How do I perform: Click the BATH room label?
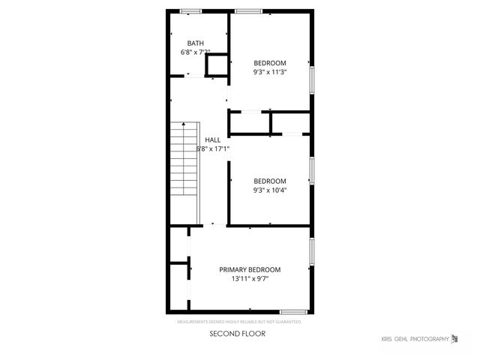pos(195,43)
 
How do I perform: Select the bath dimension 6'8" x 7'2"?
pos(195,52)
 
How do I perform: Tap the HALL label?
pos(212,139)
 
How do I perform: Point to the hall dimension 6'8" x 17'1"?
pos(212,148)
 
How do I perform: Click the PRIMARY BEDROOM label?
pos(250,269)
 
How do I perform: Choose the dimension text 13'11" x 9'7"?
pos(250,279)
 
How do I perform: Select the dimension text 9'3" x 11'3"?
pos(270,72)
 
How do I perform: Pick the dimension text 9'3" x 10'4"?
pos(270,190)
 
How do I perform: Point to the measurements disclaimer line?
pos(239,322)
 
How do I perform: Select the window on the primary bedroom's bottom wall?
pos(293,311)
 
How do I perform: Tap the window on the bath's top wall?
pos(190,10)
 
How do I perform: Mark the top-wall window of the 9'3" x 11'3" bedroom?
pos(248,10)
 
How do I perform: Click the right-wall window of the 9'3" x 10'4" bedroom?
pos(311,171)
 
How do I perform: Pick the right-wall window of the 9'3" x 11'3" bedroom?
pos(311,77)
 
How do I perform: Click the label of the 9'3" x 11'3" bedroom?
pos(270,62)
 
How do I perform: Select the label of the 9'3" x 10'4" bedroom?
pos(270,181)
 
